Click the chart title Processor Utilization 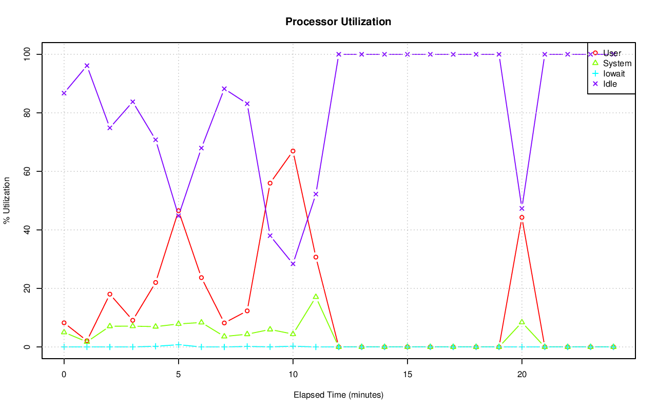pyautogui.click(x=338, y=22)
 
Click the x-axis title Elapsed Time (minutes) pyautogui.click(x=338, y=395)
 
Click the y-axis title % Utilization pyautogui.click(x=7, y=201)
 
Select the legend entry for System pyautogui.click(x=617, y=64)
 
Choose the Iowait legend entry pyautogui.click(x=614, y=73)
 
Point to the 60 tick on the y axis pyautogui.click(x=26, y=171)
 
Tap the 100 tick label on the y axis pyautogui.click(x=26, y=54)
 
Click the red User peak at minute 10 pyautogui.click(x=293, y=151)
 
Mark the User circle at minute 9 pyautogui.click(x=270, y=183)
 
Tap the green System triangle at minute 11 pyautogui.click(x=316, y=297)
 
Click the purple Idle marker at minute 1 pyautogui.click(x=87, y=66)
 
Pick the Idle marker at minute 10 pyautogui.click(x=293, y=264)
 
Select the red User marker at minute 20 pyautogui.click(x=521, y=218)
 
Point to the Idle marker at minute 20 pyautogui.click(x=521, y=208)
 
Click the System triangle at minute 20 pyautogui.click(x=521, y=322)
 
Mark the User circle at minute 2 pyautogui.click(x=110, y=294)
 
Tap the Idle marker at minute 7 pyautogui.click(x=224, y=89)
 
